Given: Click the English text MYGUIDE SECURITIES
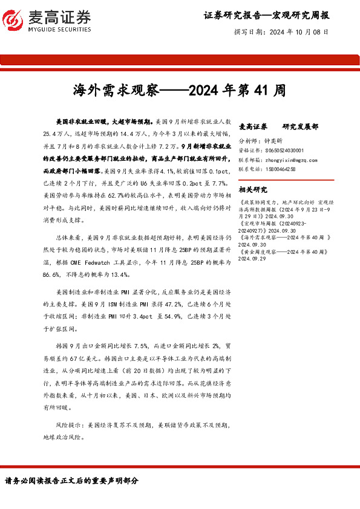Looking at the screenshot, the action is pyautogui.click(x=59, y=28).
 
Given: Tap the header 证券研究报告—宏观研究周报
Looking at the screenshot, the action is pyautogui.click(x=266, y=15).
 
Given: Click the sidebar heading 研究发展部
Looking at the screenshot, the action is pyautogui.click(x=300, y=126).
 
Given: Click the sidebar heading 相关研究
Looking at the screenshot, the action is pyautogui.click(x=254, y=189).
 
